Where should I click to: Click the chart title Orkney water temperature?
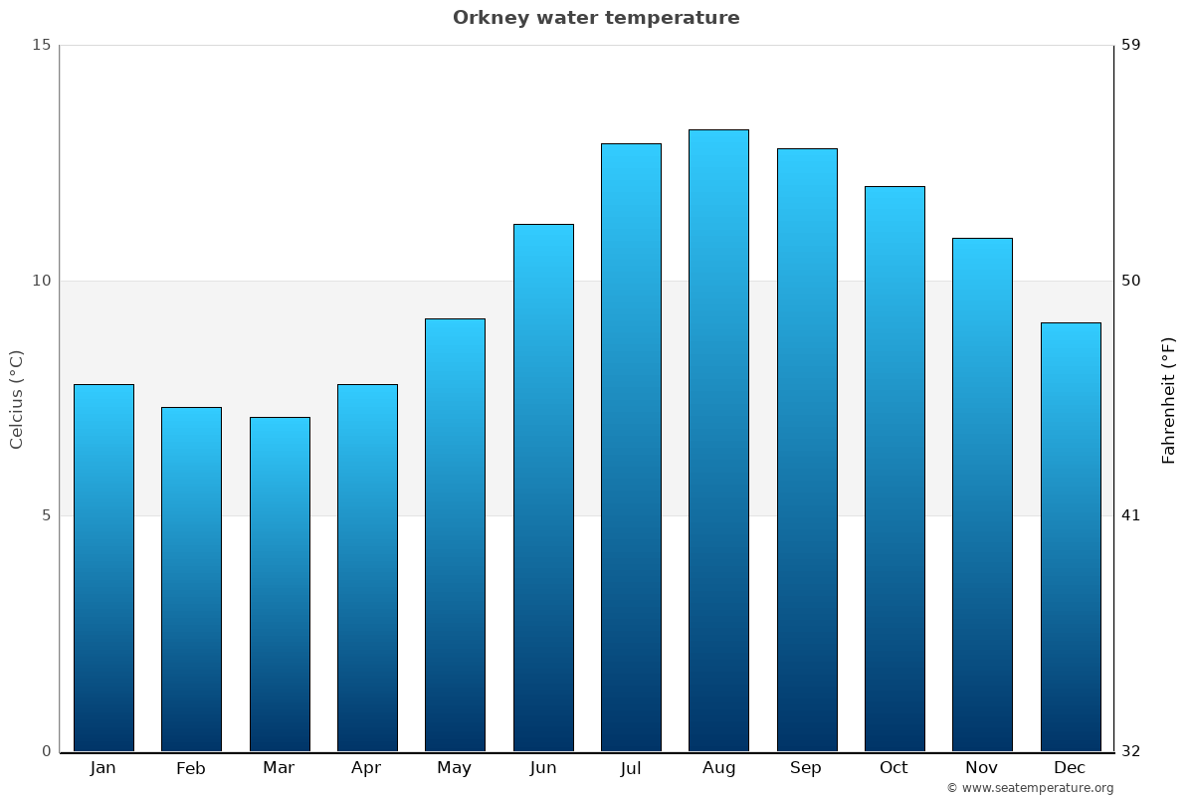coord(596,18)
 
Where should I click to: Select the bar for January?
coord(103,567)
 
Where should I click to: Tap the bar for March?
coord(280,584)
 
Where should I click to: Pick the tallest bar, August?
coord(718,440)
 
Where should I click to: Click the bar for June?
coord(543,488)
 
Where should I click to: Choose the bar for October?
coord(895,469)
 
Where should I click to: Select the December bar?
coord(1071,536)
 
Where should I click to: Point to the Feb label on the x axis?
coord(190,768)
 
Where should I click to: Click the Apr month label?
coord(366,768)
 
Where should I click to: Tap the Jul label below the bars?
coord(631,768)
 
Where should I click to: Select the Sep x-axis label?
coord(806,768)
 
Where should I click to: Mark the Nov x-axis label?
coord(981,768)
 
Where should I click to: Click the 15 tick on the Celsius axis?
coord(41,45)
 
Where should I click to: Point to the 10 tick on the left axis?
coord(41,281)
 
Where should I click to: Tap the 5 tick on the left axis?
coord(45,515)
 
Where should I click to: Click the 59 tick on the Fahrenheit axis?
coord(1131,45)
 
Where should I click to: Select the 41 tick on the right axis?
coord(1131,515)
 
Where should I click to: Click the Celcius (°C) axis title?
coord(16,399)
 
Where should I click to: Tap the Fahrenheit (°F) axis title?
coord(1169,399)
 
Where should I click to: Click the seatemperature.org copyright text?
coord(1030,788)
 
